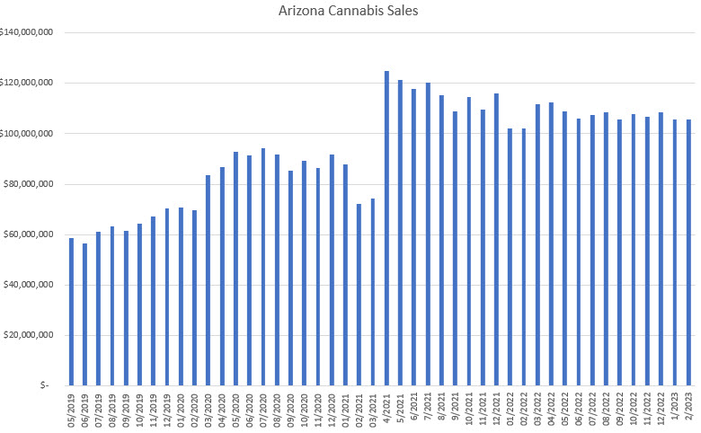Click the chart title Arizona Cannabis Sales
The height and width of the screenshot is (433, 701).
click(x=349, y=12)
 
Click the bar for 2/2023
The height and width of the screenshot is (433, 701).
click(x=688, y=252)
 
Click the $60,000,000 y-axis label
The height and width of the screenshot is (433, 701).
click(x=33, y=234)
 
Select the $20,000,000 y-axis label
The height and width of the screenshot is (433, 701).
click(x=33, y=335)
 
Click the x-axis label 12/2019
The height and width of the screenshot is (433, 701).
click(x=167, y=409)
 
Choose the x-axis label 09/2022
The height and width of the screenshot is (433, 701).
click(x=620, y=409)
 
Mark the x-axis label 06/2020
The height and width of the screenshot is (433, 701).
click(x=250, y=409)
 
